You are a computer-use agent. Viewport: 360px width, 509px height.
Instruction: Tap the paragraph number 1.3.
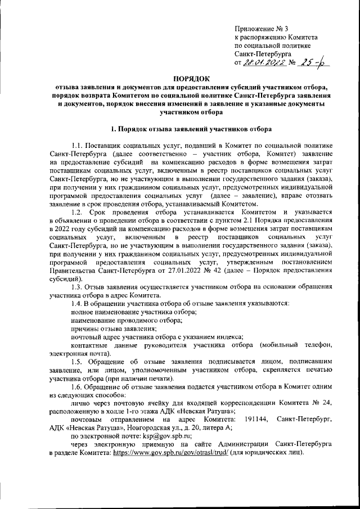coord(79,288)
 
